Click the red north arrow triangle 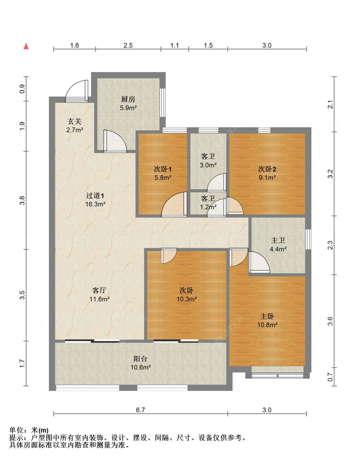point(26,46)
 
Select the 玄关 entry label point(75,121)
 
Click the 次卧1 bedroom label point(163,169)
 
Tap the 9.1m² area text point(267,177)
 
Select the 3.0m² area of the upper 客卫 point(208,165)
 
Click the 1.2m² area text point(208,207)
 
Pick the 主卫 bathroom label point(278,240)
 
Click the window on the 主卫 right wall point(308,239)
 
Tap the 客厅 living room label point(99,290)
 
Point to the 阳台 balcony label point(140,359)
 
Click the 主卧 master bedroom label point(267,316)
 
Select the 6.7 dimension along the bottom point(140,410)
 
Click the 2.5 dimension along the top point(128,45)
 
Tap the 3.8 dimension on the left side point(22,200)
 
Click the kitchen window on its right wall point(163,103)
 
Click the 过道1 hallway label point(95,195)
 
